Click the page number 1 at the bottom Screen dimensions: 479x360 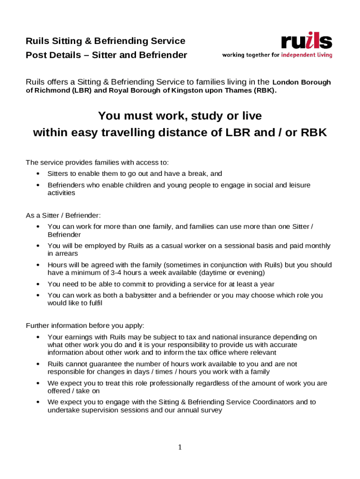pos(180,448)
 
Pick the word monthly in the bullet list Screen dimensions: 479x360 pos(315,246)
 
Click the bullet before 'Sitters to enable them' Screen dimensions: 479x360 pos(38,174)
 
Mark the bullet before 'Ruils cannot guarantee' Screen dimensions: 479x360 pos(38,364)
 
